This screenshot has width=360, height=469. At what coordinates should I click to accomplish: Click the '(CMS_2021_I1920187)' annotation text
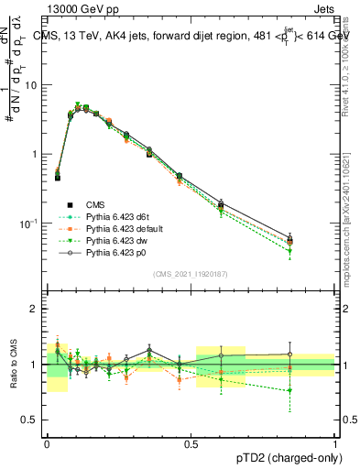pos(191,273)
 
